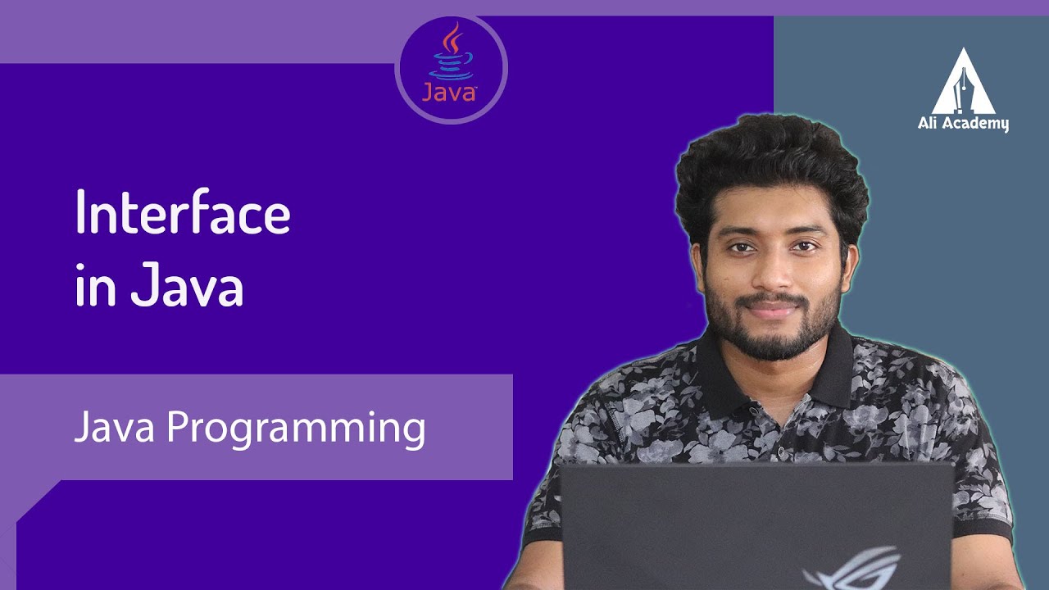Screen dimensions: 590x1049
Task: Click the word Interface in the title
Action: [182, 212]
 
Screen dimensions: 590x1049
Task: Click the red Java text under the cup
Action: [449, 91]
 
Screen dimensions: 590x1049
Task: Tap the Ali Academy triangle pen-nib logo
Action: [964, 81]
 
